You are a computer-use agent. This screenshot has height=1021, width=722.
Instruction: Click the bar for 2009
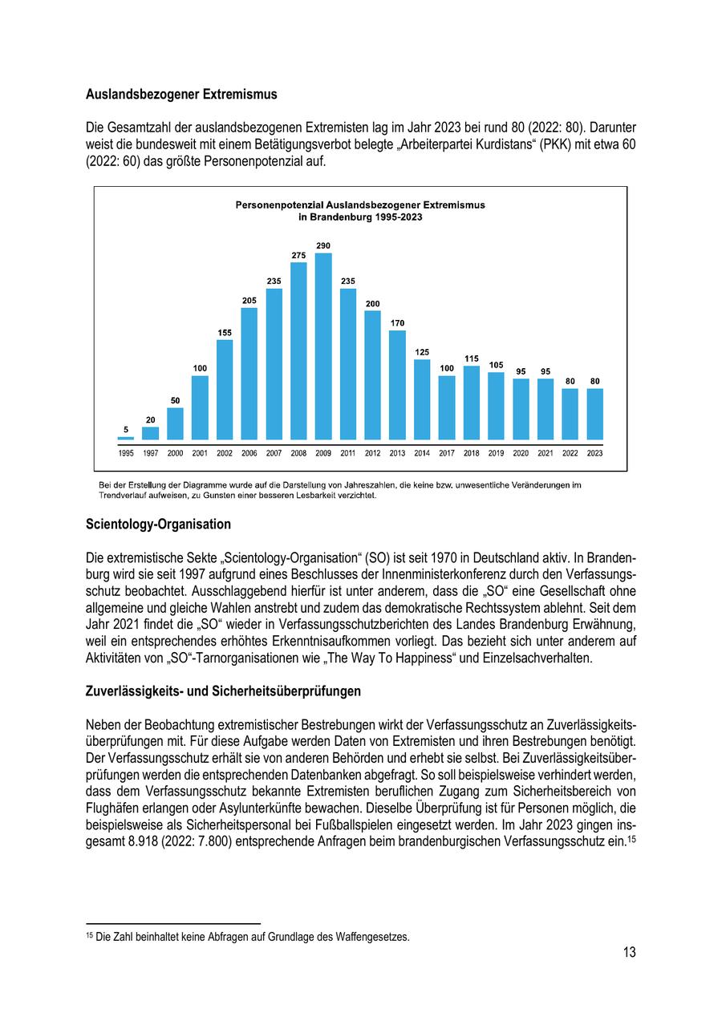tap(323, 346)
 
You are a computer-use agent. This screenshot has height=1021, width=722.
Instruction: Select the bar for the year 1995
tap(126, 438)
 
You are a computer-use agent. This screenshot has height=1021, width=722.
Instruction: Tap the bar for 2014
tap(422, 399)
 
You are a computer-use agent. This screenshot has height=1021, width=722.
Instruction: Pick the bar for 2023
tap(594, 414)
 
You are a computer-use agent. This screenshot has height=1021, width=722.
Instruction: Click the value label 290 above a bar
tap(323, 245)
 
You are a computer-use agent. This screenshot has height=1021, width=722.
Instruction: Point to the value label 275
tap(298, 255)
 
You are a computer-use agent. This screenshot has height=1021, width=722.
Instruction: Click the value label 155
tap(225, 332)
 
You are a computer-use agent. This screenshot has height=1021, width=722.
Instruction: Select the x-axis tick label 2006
tap(249, 453)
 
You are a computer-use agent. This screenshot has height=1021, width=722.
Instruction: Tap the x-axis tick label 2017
tap(447, 453)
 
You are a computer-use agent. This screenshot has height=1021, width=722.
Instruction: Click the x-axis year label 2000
tap(175, 453)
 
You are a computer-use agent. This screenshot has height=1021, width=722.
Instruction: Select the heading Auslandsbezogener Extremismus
tap(181, 95)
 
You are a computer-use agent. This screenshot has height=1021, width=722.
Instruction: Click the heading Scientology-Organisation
tap(158, 525)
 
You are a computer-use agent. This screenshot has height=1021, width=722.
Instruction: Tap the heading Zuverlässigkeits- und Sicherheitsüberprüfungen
tap(223, 691)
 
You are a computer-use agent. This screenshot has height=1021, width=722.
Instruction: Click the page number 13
tap(629, 952)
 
